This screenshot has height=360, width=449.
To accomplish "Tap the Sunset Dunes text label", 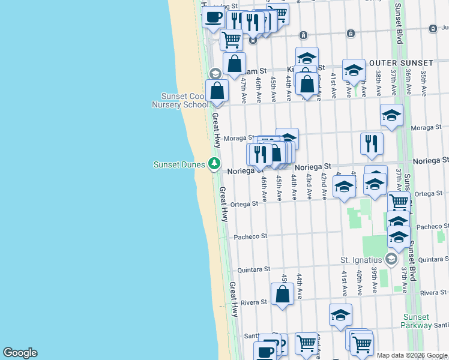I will (179, 164).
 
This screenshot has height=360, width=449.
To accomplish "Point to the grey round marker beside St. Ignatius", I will (391, 259).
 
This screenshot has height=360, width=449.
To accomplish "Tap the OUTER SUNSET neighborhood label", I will (401, 63).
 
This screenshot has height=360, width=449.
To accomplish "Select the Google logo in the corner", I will (20, 353).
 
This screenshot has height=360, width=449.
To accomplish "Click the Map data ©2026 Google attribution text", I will (412, 355).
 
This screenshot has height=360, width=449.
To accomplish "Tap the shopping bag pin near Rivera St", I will (282, 295).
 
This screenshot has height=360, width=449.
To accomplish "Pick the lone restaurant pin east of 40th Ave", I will (372, 143).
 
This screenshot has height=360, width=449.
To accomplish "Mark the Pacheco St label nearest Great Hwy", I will (250, 236).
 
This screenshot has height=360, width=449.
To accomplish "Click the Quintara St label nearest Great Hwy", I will (253, 269).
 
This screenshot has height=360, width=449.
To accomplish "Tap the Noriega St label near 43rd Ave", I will (312, 166).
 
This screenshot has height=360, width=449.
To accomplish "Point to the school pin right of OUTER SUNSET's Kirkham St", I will (354, 70).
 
